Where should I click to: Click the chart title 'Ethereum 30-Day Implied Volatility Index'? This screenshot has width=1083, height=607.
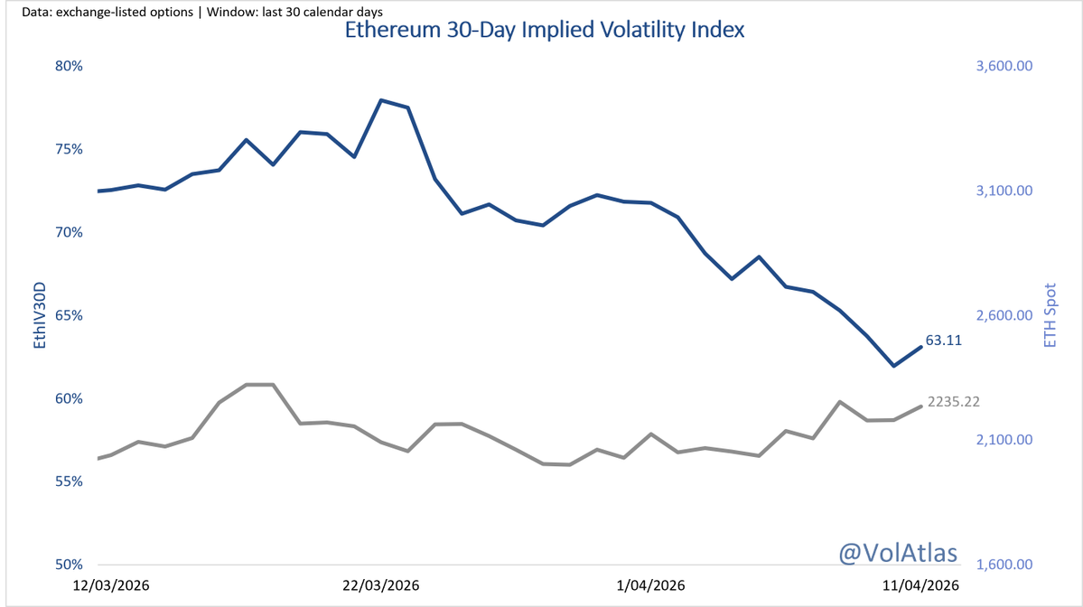[x=545, y=30]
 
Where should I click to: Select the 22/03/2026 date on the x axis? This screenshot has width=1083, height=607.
[x=380, y=585]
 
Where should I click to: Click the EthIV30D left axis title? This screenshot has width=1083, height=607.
[x=39, y=315]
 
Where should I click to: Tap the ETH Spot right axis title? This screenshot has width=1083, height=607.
[x=1050, y=315]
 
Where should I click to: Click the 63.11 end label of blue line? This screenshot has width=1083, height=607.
[x=943, y=341]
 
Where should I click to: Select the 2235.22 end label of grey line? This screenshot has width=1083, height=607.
[x=954, y=401]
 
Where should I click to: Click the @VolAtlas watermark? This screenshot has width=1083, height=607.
[x=899, y=552]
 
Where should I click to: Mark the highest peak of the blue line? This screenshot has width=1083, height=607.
[x=381, y=100]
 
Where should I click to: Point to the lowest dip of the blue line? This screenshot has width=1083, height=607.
[x=893, y=366]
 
